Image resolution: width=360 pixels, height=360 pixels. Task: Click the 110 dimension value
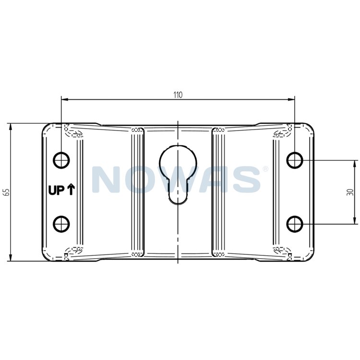click(178, 95)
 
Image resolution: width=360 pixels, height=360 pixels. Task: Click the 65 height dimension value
click(7, 192)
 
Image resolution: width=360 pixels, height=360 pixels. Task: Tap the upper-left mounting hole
click(61, 160)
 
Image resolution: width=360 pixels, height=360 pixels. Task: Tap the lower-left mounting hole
click(61, 224)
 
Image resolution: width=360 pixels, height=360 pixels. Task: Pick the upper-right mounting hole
click(295, 160)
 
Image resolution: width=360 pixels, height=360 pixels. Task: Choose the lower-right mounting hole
click(295, 224)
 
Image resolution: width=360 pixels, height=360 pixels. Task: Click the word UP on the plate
click(56, 191)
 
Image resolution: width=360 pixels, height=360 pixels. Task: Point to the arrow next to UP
click(71, 190)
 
